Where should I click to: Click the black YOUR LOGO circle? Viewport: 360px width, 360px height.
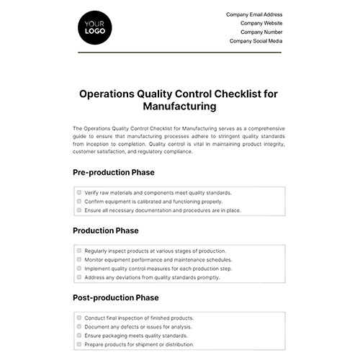coord(93,30)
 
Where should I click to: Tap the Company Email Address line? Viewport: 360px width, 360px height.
coord(254,14)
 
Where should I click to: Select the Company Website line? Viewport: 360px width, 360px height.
coord(261,24)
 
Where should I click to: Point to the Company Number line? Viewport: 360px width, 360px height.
coord(261,32)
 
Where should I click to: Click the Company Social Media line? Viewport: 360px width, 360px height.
coord(256,42)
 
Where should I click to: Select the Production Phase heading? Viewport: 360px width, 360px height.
coord(105,230)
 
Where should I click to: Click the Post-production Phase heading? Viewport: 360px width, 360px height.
coord(116,297)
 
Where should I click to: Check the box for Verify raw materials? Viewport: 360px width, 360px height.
coord(78,193)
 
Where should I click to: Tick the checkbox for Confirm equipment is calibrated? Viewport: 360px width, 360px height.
coord(78,202)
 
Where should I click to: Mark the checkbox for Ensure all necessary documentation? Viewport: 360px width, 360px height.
coord(78,210)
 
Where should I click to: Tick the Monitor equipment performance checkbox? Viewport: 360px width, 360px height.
coord(78,259)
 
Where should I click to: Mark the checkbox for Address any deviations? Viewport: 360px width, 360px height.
coord(78,277)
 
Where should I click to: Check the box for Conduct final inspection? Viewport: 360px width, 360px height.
coord(78,318)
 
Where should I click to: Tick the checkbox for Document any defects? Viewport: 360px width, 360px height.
coord(78,326)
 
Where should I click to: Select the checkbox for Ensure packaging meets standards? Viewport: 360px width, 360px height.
coord(78,335)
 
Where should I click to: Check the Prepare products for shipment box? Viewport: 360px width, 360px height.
coord(78,343)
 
